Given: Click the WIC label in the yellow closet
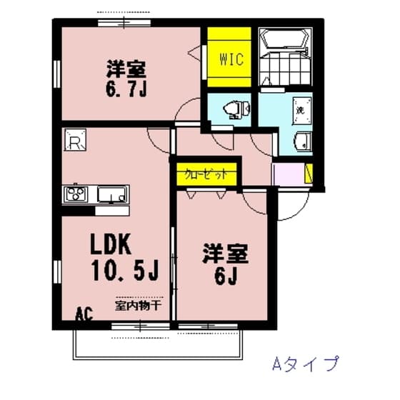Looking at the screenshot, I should pyautogui.click(x=230, y=59).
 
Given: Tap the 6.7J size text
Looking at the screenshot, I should pyautogui.click(x=126, y=91).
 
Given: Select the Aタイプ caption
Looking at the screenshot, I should pyautogui.click(x=304, y=364).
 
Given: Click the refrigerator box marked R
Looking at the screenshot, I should pyautogui.click(x=75, y=141).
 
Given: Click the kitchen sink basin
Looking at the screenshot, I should pyautogui.click(x=113, y=194).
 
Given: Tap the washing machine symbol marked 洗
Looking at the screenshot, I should pyautogui.click(x=301, y=111).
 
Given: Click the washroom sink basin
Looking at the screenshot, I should pyautogui.click(x=303, y=141).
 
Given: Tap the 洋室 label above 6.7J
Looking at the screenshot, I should pyautogui.click(x=126, y=70).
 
